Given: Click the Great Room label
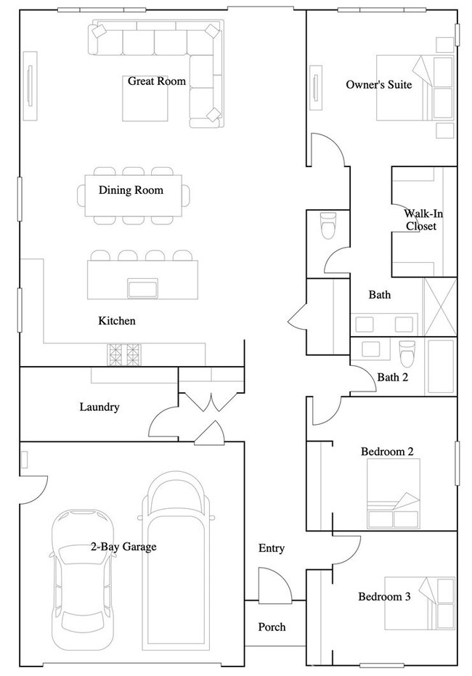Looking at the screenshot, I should [157, 81].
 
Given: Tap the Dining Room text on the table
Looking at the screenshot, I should [131, 190].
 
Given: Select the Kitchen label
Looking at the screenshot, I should [117, 320].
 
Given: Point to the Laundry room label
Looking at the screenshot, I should [99, 407].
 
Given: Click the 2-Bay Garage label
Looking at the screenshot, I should [123, 547].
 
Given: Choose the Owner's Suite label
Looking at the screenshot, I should [378, 85].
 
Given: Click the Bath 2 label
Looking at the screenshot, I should [393, 377].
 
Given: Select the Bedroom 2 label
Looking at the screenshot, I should [387, 452].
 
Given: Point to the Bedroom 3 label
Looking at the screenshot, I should [384, 597].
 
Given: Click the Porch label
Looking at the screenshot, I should [272, 627].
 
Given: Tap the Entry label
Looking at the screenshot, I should [272, 548].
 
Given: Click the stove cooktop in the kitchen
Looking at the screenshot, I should [124, 354].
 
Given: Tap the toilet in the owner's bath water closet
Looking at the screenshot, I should [328, 226].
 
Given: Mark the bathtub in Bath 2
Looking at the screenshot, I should [441, 366].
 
